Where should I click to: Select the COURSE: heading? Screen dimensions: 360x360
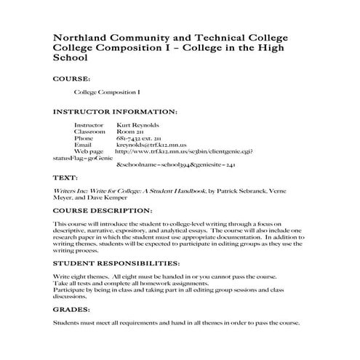coord(72,77)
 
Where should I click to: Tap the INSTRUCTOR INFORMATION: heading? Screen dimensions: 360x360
coord(116,112)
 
